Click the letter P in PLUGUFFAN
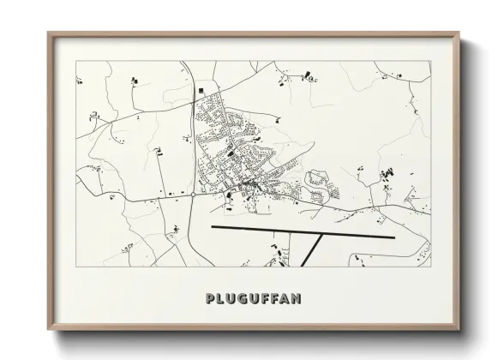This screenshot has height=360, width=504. click(x=210, y=299)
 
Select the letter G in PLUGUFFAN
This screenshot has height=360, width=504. click(x=245, y=299)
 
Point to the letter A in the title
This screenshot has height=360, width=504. click(x=282, y=299)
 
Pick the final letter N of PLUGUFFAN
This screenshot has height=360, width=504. click(x=295, y=299)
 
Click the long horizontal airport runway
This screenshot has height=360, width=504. click(x=300, y=232)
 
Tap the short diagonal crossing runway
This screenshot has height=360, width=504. click(x=313, y=252)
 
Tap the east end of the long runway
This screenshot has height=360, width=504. click(x=393, y=237)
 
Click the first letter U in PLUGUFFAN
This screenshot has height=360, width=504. click(x=233, y=299)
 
